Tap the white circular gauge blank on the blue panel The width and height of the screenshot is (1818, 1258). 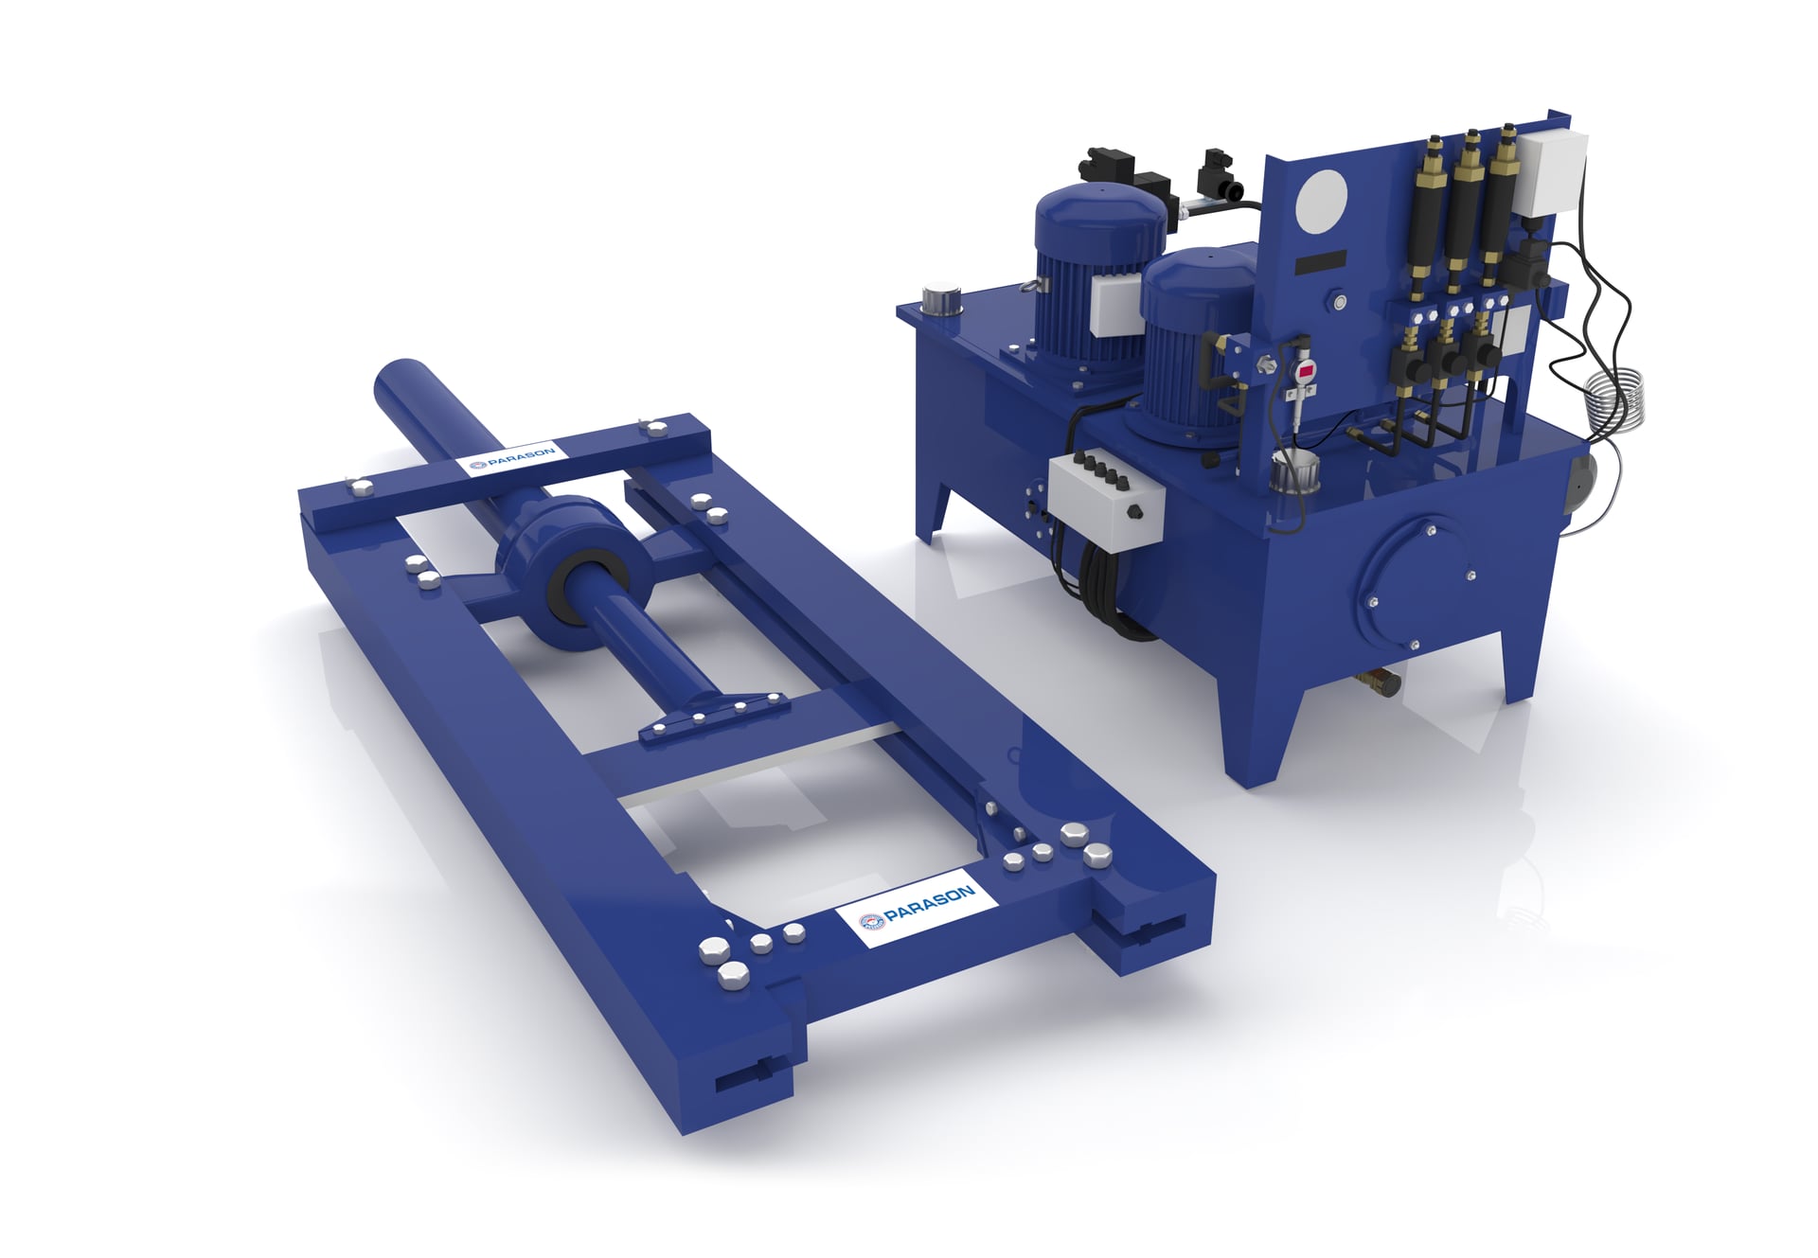pyautogui.click(x=1321, y=204)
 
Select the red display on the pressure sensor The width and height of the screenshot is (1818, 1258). pyautogui.click(x=1306, y=371)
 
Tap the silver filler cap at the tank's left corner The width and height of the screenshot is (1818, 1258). pyautogui.click(x=940, y=300)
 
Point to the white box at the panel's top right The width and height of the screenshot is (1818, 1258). pyautogui.click(x=1551, y=171)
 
